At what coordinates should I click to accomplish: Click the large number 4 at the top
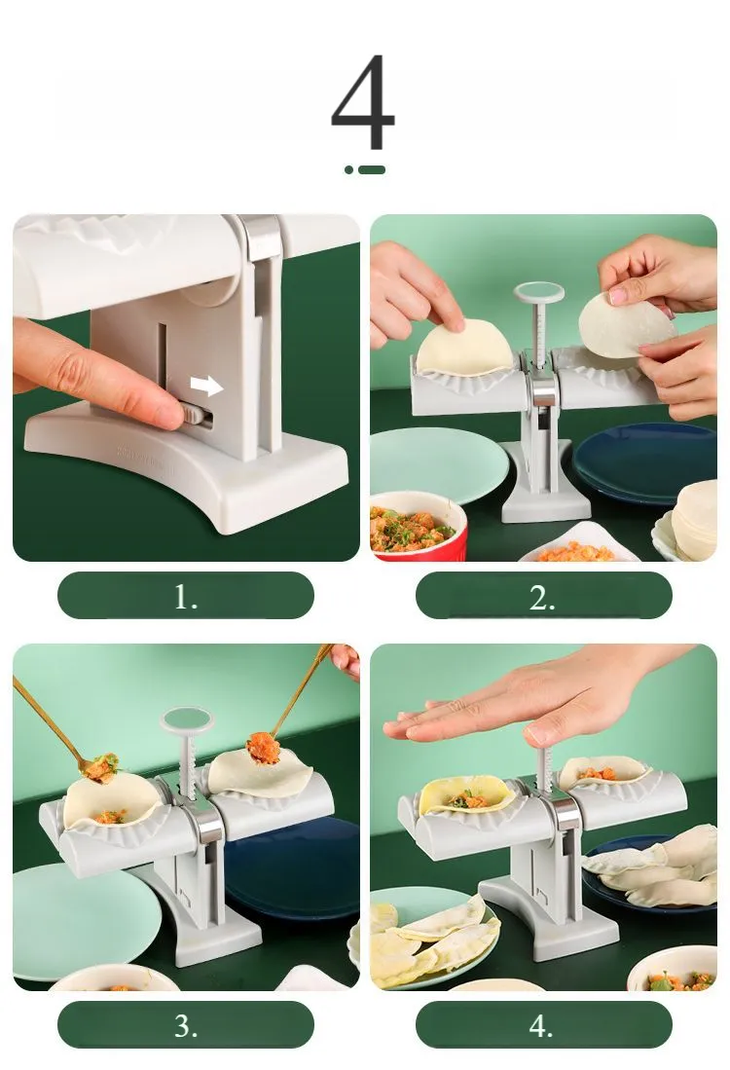[363, 101]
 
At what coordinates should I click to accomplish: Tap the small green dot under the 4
[349, 170]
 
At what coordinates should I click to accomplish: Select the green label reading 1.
[186, 596]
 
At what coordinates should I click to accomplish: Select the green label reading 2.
[544, 596]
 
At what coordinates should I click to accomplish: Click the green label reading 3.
[186, 1024]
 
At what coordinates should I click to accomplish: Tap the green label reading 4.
[544, 1024]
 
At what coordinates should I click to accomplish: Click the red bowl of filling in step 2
[419, 527]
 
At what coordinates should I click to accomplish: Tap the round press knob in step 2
[539, 293]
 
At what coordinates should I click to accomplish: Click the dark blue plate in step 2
[644, 461]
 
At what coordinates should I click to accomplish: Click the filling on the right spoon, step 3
[263, 748]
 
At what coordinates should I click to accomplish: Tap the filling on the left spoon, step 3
[101, 767]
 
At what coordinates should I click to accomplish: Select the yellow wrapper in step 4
[466, 795]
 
